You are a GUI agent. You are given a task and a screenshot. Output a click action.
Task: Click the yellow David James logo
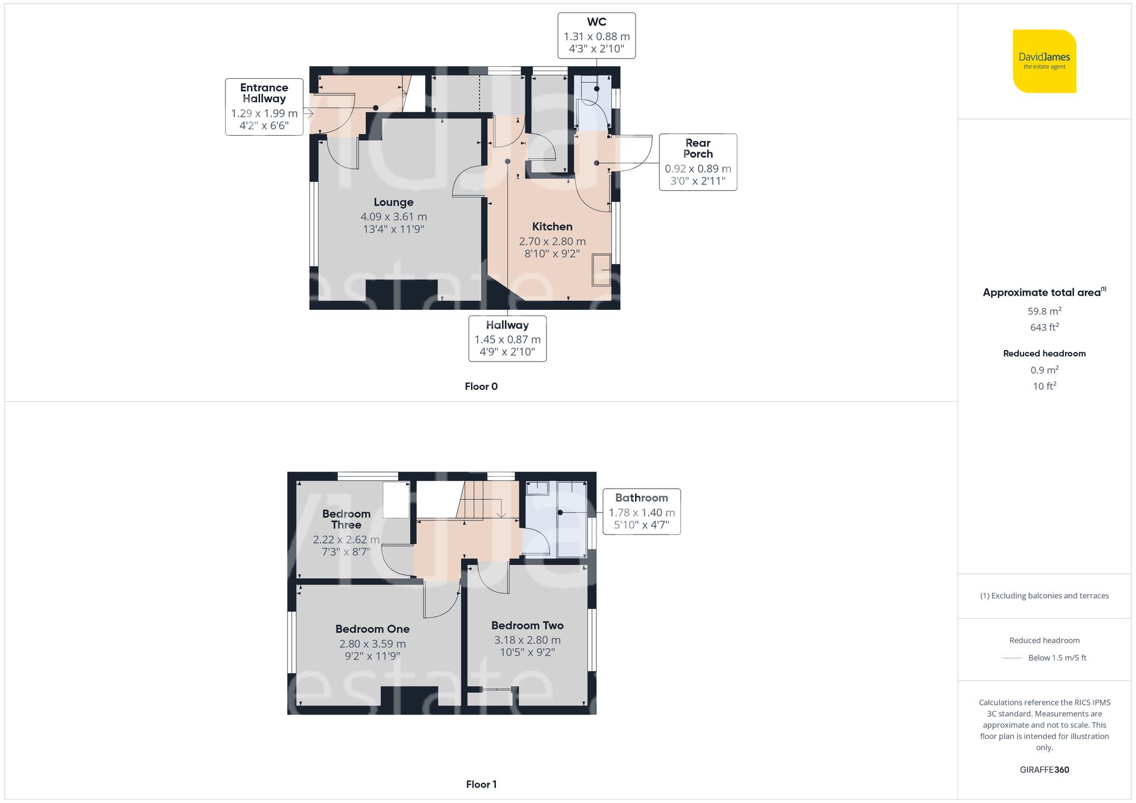[x=1044, y=61]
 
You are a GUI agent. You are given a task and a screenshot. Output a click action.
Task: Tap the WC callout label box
[x=596, y=36]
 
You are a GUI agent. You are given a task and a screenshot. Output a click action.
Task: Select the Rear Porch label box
[x=698, y=162]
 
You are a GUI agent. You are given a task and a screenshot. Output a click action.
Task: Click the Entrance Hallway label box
[x=264, y=107]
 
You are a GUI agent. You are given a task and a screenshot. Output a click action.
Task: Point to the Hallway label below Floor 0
[x=507, y=338]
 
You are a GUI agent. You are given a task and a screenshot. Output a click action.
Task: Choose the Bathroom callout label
[x=641, y=511]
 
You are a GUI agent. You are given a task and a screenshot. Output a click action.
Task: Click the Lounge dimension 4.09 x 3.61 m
[x=394, y=216]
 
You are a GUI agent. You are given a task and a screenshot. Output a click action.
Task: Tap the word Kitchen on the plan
[x=552, y=226]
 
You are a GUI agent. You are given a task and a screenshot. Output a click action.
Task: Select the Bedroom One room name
[x=372, y=629]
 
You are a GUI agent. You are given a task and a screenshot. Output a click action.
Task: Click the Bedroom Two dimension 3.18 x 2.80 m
[x=527, y=640]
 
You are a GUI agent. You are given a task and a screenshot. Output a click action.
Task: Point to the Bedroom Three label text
[x=346, y=519]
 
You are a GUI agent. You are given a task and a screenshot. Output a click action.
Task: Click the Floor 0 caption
[x=481, y=386]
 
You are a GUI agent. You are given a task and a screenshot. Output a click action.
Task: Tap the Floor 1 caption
[x=481, y=784]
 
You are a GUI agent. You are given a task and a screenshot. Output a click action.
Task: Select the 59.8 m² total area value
[x=1044, y=311]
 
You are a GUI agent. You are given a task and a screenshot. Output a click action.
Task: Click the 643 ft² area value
[x=1044, y=327]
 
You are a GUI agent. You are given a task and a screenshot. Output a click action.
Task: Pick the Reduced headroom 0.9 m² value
[x=1044, y=370]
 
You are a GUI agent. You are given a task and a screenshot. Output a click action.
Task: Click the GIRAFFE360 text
[x=1044, y=770]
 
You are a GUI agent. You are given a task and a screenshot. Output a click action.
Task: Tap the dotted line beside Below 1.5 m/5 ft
[x=1012, y=658]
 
